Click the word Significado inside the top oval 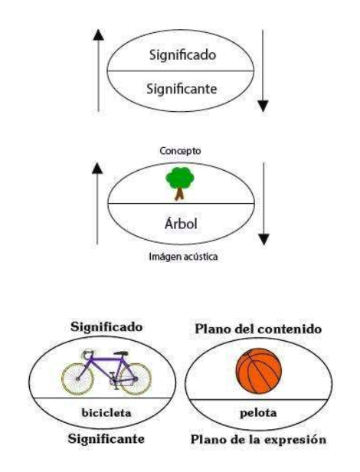[x=182, y=55]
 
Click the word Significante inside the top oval [x=182, y=89]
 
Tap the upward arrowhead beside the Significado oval [x=99, y=35]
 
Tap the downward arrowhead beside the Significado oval [x=263, y=106]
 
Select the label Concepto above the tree [x=180, y=151]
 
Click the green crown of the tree [x=180, y=179]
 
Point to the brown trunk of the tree [x=179, y=194]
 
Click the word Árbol [x=181, y=224]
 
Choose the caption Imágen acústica [x=183, y=257]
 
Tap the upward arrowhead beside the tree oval [x=97, y=168]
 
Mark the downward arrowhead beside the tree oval [x=263, y=239]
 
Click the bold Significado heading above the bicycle [x=106, y=327]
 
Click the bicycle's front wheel [x=136, y=379]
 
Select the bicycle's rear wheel [x=77, y=379]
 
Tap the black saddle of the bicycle [x=121, y=353]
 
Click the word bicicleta [x=106, y=412]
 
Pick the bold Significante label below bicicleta [x=106, y=438]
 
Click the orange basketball [x=259, y=371]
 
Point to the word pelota [x=258, y=413]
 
